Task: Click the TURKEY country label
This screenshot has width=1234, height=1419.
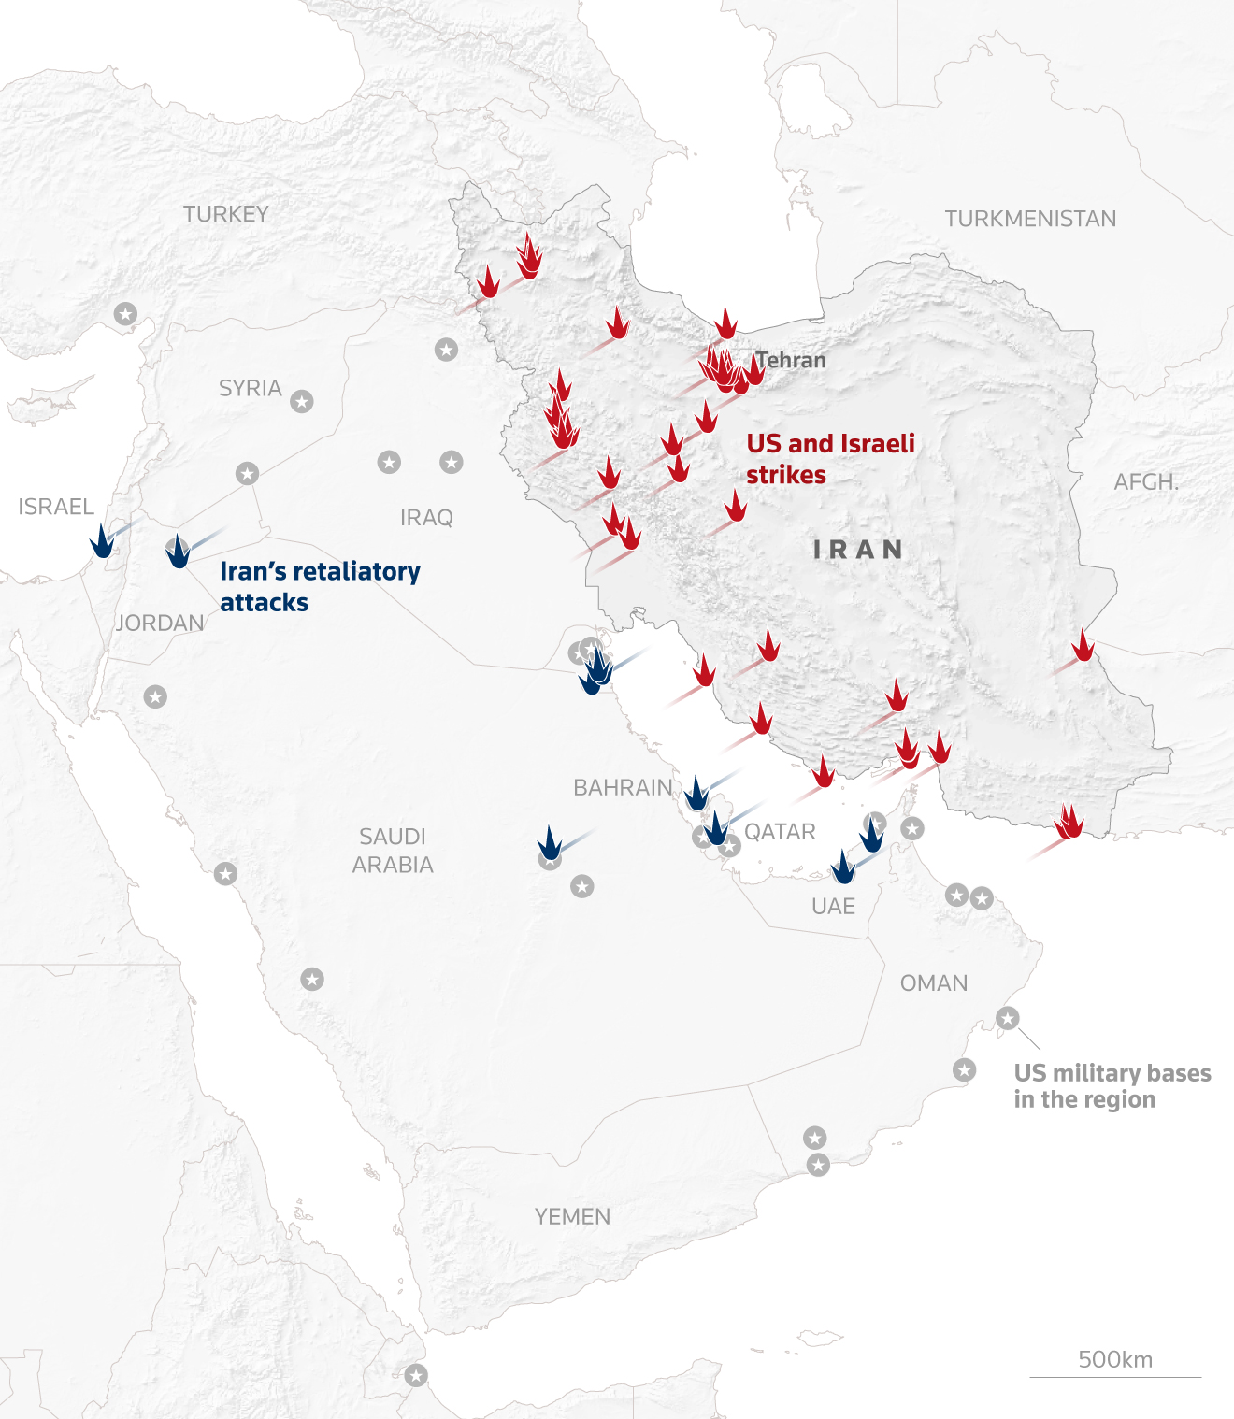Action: click(225, 214)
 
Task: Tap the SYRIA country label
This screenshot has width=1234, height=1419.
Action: click(250, 388)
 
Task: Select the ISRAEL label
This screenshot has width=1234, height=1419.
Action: click(56, 507)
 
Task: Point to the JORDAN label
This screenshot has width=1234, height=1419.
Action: click(160, 623)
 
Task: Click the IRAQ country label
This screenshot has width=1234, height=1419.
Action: click(426, 518)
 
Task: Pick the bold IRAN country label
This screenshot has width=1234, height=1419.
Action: click(858, 550)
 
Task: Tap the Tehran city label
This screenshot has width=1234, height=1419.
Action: click(791, 360)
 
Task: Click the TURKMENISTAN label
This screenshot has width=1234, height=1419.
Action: click(1030, 219)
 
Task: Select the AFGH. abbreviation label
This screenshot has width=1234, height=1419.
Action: click(1145, 482)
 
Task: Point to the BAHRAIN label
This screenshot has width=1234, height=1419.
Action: click(623, 788)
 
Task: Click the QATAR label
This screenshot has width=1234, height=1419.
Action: click(780, 832)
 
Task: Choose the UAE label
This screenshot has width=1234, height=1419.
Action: click(833, 906)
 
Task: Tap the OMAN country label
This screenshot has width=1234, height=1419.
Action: click(933, 983)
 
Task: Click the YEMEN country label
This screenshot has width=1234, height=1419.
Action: click(572, 1216)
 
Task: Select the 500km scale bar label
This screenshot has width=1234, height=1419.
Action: click(1115, 1359)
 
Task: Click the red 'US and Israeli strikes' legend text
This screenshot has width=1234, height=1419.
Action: click(830, 459)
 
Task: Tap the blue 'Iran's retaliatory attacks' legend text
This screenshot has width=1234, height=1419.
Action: click(320, 586)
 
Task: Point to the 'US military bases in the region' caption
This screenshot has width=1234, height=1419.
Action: click(1112, 1086)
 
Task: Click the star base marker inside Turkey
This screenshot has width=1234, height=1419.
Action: click(125, 314)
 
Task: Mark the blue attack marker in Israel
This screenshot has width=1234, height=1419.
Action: click(101, 542)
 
